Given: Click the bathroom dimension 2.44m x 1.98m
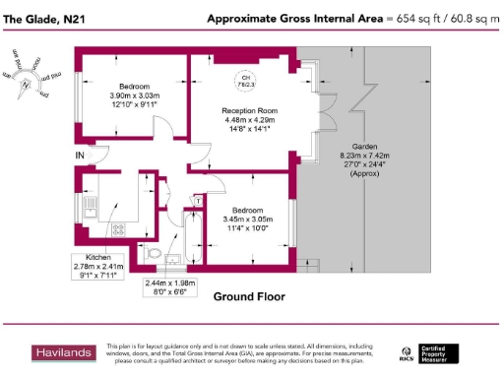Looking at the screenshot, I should click(170, 287).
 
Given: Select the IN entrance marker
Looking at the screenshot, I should click(79, 155).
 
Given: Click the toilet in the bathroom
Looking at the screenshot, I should click(152, 254).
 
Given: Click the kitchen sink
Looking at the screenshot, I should click(90, 206).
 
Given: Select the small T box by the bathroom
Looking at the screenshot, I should click(197, 201).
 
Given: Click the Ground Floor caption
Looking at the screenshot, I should click(249, 295).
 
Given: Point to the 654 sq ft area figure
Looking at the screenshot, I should click(412, 18).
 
